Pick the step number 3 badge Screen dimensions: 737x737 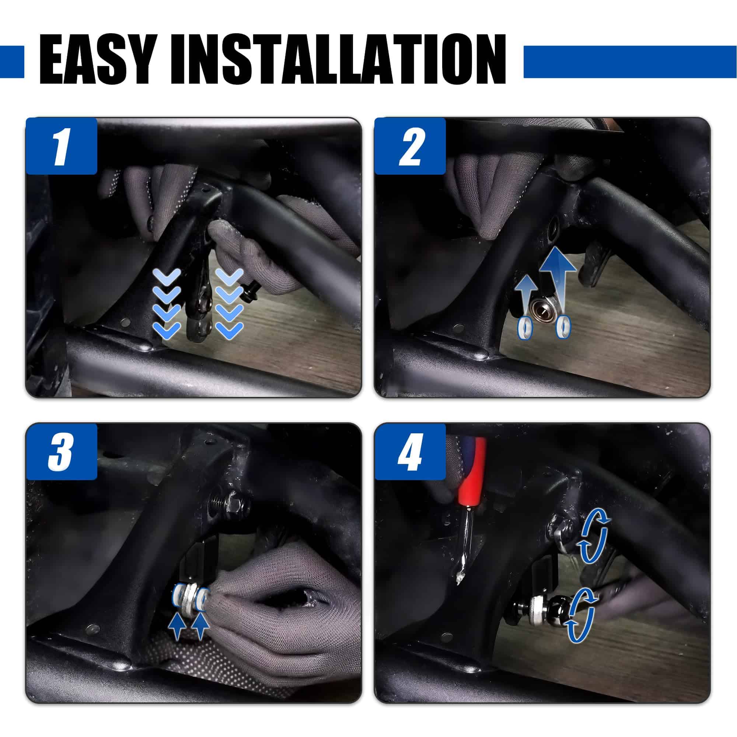[x=62, y=452]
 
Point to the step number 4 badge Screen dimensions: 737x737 [x=410, y=452]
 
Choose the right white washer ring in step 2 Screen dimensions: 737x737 [x=563, y=327]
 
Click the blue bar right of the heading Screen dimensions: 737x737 [x=630, y=62]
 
